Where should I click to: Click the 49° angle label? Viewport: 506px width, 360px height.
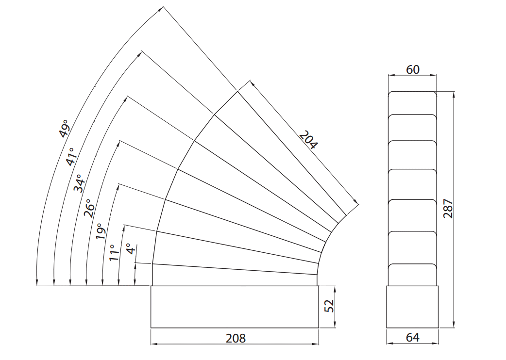pyautogui.click(x=65, y=128)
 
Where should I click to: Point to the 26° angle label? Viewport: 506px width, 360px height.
pyautogui.click(x=89, y=208)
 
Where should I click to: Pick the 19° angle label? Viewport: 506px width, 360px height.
pyautogui.click(x=101, y=231)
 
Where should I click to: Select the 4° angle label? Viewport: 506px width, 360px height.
pyautogui.click(x=131, y=249)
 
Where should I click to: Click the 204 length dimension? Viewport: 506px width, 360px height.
pyautogui.click(x=308, y=140)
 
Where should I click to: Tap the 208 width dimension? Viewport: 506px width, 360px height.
pyautogui.click(x=236, y=338)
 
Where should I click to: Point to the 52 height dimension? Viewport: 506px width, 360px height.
pyautogui.click(x=329, y=306)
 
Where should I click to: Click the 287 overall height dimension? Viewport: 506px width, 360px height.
pyautogui.click(x=448, y=209)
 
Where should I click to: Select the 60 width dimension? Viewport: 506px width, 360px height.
pyautogui.click(x=413, y=69)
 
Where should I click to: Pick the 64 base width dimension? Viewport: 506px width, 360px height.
pyautogui.click(x=413, y=338)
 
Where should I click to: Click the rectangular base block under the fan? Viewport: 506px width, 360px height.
pyautogui.click(x=235, y=307)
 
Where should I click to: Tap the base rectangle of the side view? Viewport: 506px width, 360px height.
pyautogui.click(x=412, y=307)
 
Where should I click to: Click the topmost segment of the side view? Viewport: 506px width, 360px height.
pyautogui.click(x=412, y=103)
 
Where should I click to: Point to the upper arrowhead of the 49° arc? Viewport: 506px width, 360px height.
pyautogui.click(x=160, y=9)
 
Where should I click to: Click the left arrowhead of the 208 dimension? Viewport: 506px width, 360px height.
pyautogui.click(x=154, y=344)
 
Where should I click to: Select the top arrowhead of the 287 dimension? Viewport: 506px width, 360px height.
pyautogui.click(x=454, y=95)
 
